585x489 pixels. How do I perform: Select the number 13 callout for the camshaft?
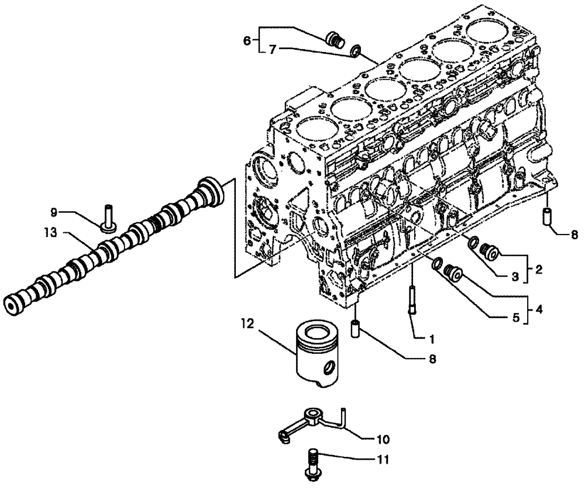pyautogui.click(x=51, y=233)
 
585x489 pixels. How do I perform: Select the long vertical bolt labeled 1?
pyautogui.click(x=413, y=298)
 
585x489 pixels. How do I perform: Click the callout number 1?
pyautogui.click(x=431, y=339)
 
